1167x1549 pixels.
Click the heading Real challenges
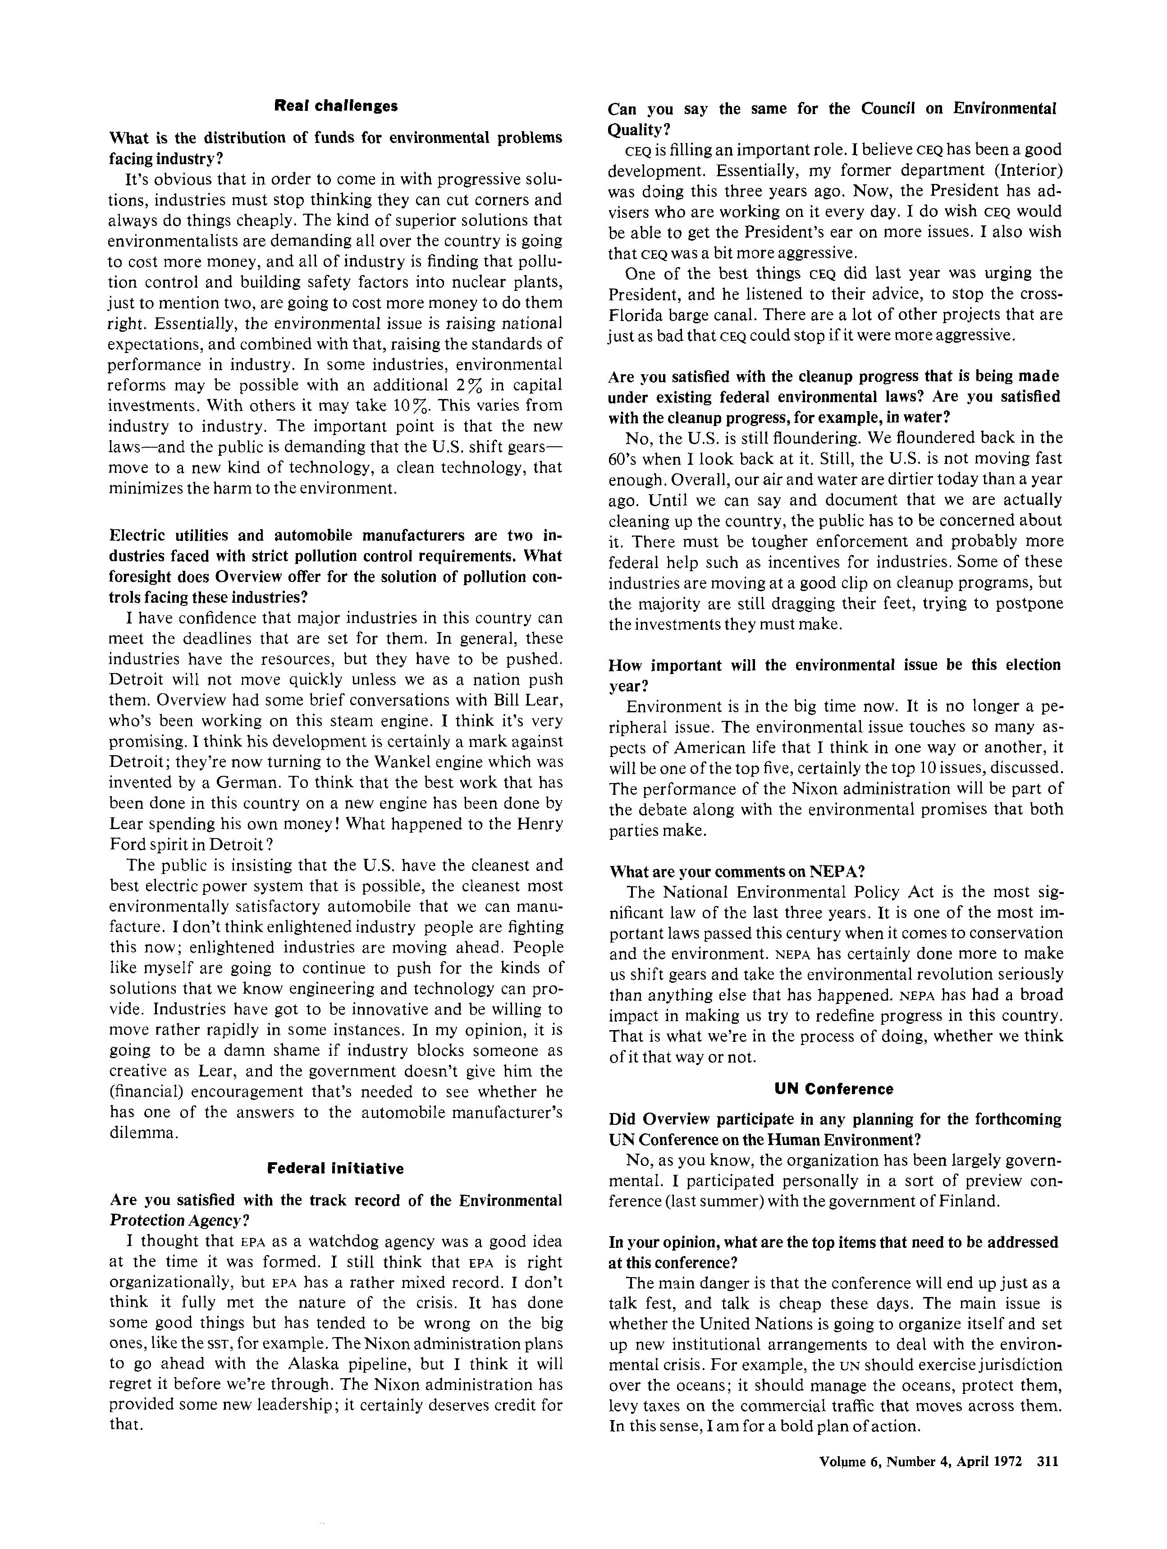335,106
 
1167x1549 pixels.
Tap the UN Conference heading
834,1089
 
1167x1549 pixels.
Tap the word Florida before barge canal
634,314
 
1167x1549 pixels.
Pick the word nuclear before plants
476,282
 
